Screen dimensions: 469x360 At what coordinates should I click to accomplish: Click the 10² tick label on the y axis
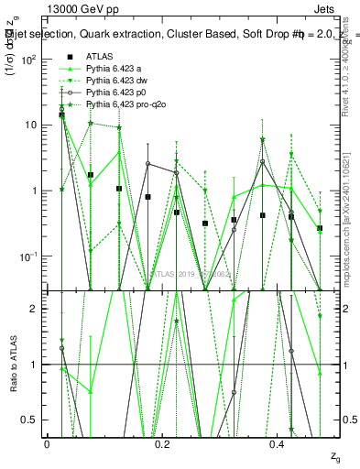click(x=27, y=59)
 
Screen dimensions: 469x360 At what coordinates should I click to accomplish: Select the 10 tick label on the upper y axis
click(x=29, y=125)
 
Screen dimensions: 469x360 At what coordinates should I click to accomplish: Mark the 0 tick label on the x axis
click(x=47, y=443)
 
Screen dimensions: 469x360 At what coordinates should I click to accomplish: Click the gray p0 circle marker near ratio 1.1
click(x=291, y=351)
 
